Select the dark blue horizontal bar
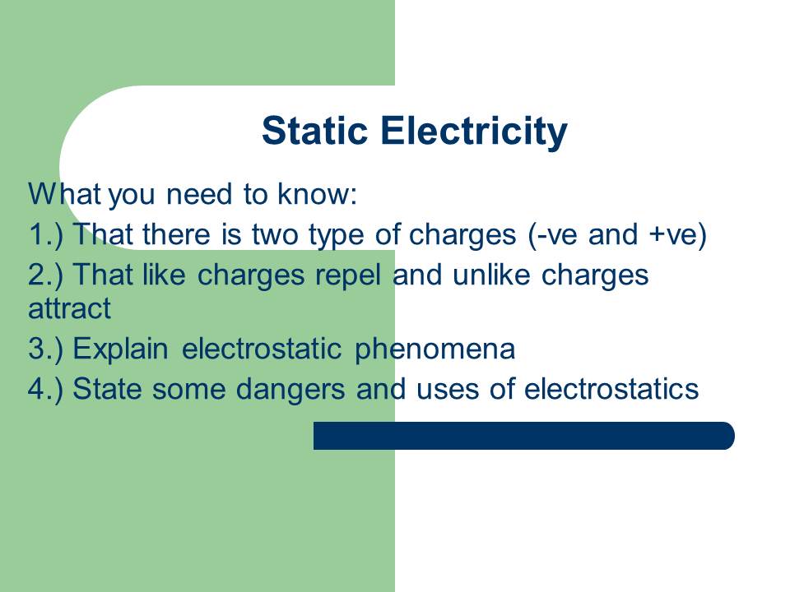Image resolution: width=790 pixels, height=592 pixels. [523, 436]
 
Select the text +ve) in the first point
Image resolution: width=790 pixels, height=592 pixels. [678, 235]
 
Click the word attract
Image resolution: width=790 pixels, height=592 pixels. [69, 310]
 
